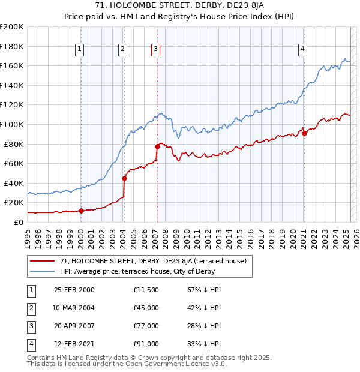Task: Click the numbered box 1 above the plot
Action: pyautogui.click(x=80, y=49)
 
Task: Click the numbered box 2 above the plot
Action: pyautogui.click(x=122, y=49)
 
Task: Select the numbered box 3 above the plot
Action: pyautogui.click(x=155, y=49)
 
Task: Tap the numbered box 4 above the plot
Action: pyautogui.click(x=303, y=49)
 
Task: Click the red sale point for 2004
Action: pyautogui.click(x=124, y=178)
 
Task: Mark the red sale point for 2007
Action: pyautogui.click(x=157, y=146)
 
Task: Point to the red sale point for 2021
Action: pyautogui.click(x=304, y=133)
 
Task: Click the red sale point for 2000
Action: pyautogui.click(x=81, y=211)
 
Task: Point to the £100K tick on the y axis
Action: pyautogui.click(x=12, y=124)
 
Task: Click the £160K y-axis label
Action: pyautogui.click(x=12, y=65)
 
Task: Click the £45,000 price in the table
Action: pyautogui.click(x=146, y=308)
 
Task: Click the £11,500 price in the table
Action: pyautogui.click(x=146, y=290)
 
